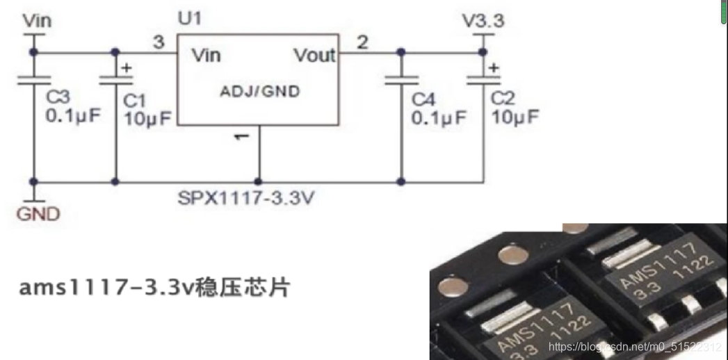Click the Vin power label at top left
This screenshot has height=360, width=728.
pyautogui.click(x=38, y=21)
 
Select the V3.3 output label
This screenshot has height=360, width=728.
pyautogui.click(x=483, y=22)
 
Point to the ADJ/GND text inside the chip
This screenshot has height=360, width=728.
pyautogui.click(x=260, y=92)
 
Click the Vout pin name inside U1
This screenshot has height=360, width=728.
pyautogui.click(x=314, y=56)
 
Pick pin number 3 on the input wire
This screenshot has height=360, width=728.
pyautogui.click(x=159, y=43)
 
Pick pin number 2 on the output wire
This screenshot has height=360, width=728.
pyautogui.click(x=362, y=43)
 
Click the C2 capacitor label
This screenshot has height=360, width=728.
pyautogui.click(x=503, y=98)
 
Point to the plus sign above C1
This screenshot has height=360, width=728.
pyautogui.click(x=127, y=68)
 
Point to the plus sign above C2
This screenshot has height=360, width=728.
pyautogui.click(x=493, y=68)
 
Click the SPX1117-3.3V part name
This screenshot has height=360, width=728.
pyautogui.click(x=248, y=199)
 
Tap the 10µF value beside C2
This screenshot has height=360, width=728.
pyautogui.click(x=515, y=117)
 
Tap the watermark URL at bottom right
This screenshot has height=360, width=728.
pyautogui.click(x=634, y=346)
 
